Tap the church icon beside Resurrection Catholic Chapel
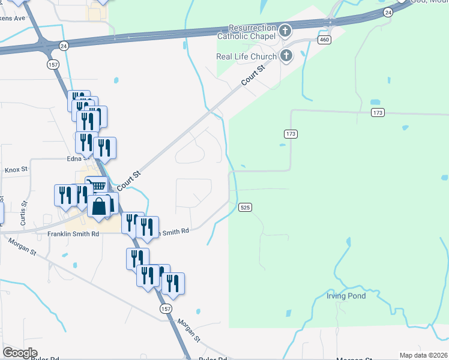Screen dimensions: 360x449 (285, 30)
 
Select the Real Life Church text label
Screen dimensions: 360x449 (246, 57)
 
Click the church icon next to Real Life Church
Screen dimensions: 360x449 (286, 56)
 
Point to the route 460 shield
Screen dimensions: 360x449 (325, 40)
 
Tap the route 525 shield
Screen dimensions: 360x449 (245, 207)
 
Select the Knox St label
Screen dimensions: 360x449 (16, 170)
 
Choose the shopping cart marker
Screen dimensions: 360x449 (96, 187)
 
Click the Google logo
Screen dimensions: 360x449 (20, 353)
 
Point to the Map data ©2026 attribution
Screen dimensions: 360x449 (423, 355)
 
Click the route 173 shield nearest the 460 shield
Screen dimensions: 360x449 (377, 113)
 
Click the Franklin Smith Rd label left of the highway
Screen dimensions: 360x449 (73, 233)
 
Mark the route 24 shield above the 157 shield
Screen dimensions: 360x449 (63, 45)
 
